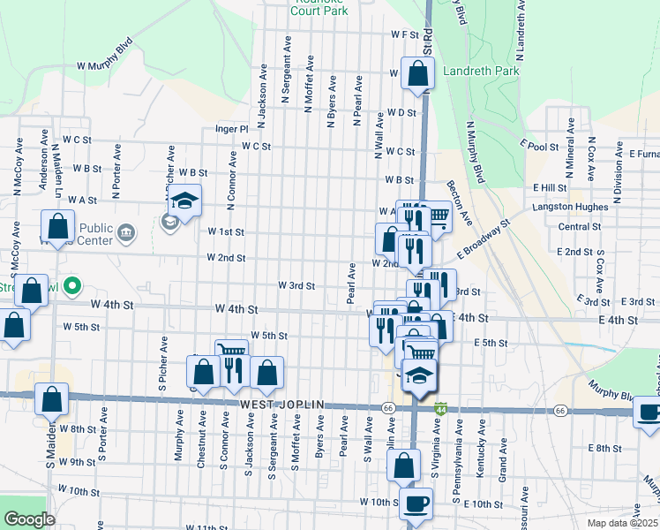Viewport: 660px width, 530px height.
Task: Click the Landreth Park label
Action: (482, 71)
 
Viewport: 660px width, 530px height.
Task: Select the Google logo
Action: (29, 519)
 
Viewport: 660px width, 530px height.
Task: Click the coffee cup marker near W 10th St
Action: (416, 503)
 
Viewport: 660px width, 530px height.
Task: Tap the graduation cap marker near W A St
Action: (184, 201)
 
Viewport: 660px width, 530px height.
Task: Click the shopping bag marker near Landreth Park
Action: (417, 74)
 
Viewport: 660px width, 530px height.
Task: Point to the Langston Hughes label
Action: (570, 207)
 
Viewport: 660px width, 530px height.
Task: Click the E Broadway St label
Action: (484, 240)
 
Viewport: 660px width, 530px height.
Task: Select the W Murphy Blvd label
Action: (105, 54)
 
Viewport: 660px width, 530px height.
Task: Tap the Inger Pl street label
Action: (231, 128)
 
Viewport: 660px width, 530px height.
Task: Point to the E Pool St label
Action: (540, 145)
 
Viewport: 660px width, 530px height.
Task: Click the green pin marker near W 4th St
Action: (75, 286)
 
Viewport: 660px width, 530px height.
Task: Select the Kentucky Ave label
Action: (481, 454)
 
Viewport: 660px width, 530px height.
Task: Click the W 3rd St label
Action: (296, 285)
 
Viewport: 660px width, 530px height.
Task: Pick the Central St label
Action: (580, 227)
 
